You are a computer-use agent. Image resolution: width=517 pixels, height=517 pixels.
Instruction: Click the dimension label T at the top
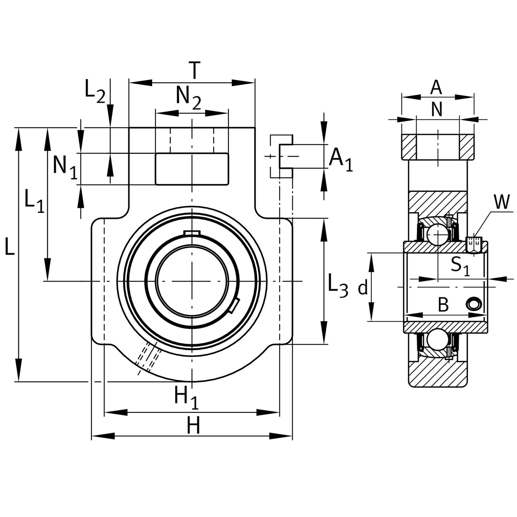(194, 70)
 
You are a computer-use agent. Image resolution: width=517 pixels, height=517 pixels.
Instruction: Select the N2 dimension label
(188, 98)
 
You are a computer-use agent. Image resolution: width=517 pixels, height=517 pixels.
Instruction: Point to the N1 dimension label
(65, 167)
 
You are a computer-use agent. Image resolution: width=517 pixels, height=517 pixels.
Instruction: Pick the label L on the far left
(10, 248)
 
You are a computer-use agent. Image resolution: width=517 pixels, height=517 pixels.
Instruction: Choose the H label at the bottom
(194, 426)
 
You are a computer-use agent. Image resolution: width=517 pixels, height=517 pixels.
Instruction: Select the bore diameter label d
(363, 287)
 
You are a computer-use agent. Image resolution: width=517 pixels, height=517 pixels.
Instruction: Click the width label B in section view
(443, 305)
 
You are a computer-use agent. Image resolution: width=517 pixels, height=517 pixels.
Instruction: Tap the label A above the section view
(436, 87)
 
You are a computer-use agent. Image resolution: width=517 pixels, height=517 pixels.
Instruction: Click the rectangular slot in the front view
(191, 169)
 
